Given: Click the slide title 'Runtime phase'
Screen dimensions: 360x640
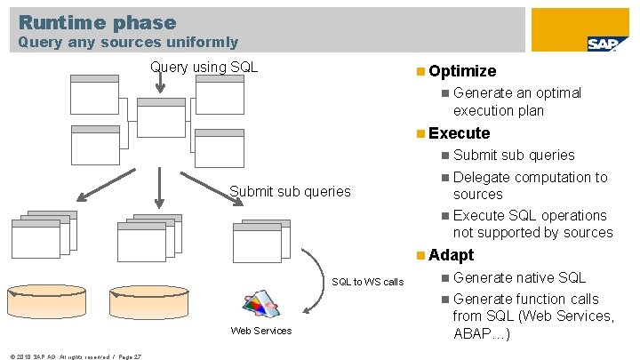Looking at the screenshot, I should coord(97,22).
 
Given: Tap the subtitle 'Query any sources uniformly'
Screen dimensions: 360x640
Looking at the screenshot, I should coord(128,42).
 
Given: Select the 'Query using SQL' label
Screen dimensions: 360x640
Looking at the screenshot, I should coord(204,67).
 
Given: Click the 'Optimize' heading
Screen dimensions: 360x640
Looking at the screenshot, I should coord(461,71).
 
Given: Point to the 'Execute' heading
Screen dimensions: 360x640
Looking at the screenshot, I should coord(459,133).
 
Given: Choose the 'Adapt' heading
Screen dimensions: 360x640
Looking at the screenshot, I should coord(451,255).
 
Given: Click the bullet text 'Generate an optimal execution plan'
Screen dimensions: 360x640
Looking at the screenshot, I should coord(516,101).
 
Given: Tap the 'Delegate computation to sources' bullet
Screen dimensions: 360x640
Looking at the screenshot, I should coord(530,186).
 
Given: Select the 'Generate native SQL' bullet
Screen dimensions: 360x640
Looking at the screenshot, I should coord(519,277).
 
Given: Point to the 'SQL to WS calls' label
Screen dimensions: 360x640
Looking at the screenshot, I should coord(367,282).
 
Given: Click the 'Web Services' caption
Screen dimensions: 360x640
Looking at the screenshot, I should coord(260,331).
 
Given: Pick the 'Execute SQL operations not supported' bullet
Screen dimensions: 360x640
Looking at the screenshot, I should coord(532,224).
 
